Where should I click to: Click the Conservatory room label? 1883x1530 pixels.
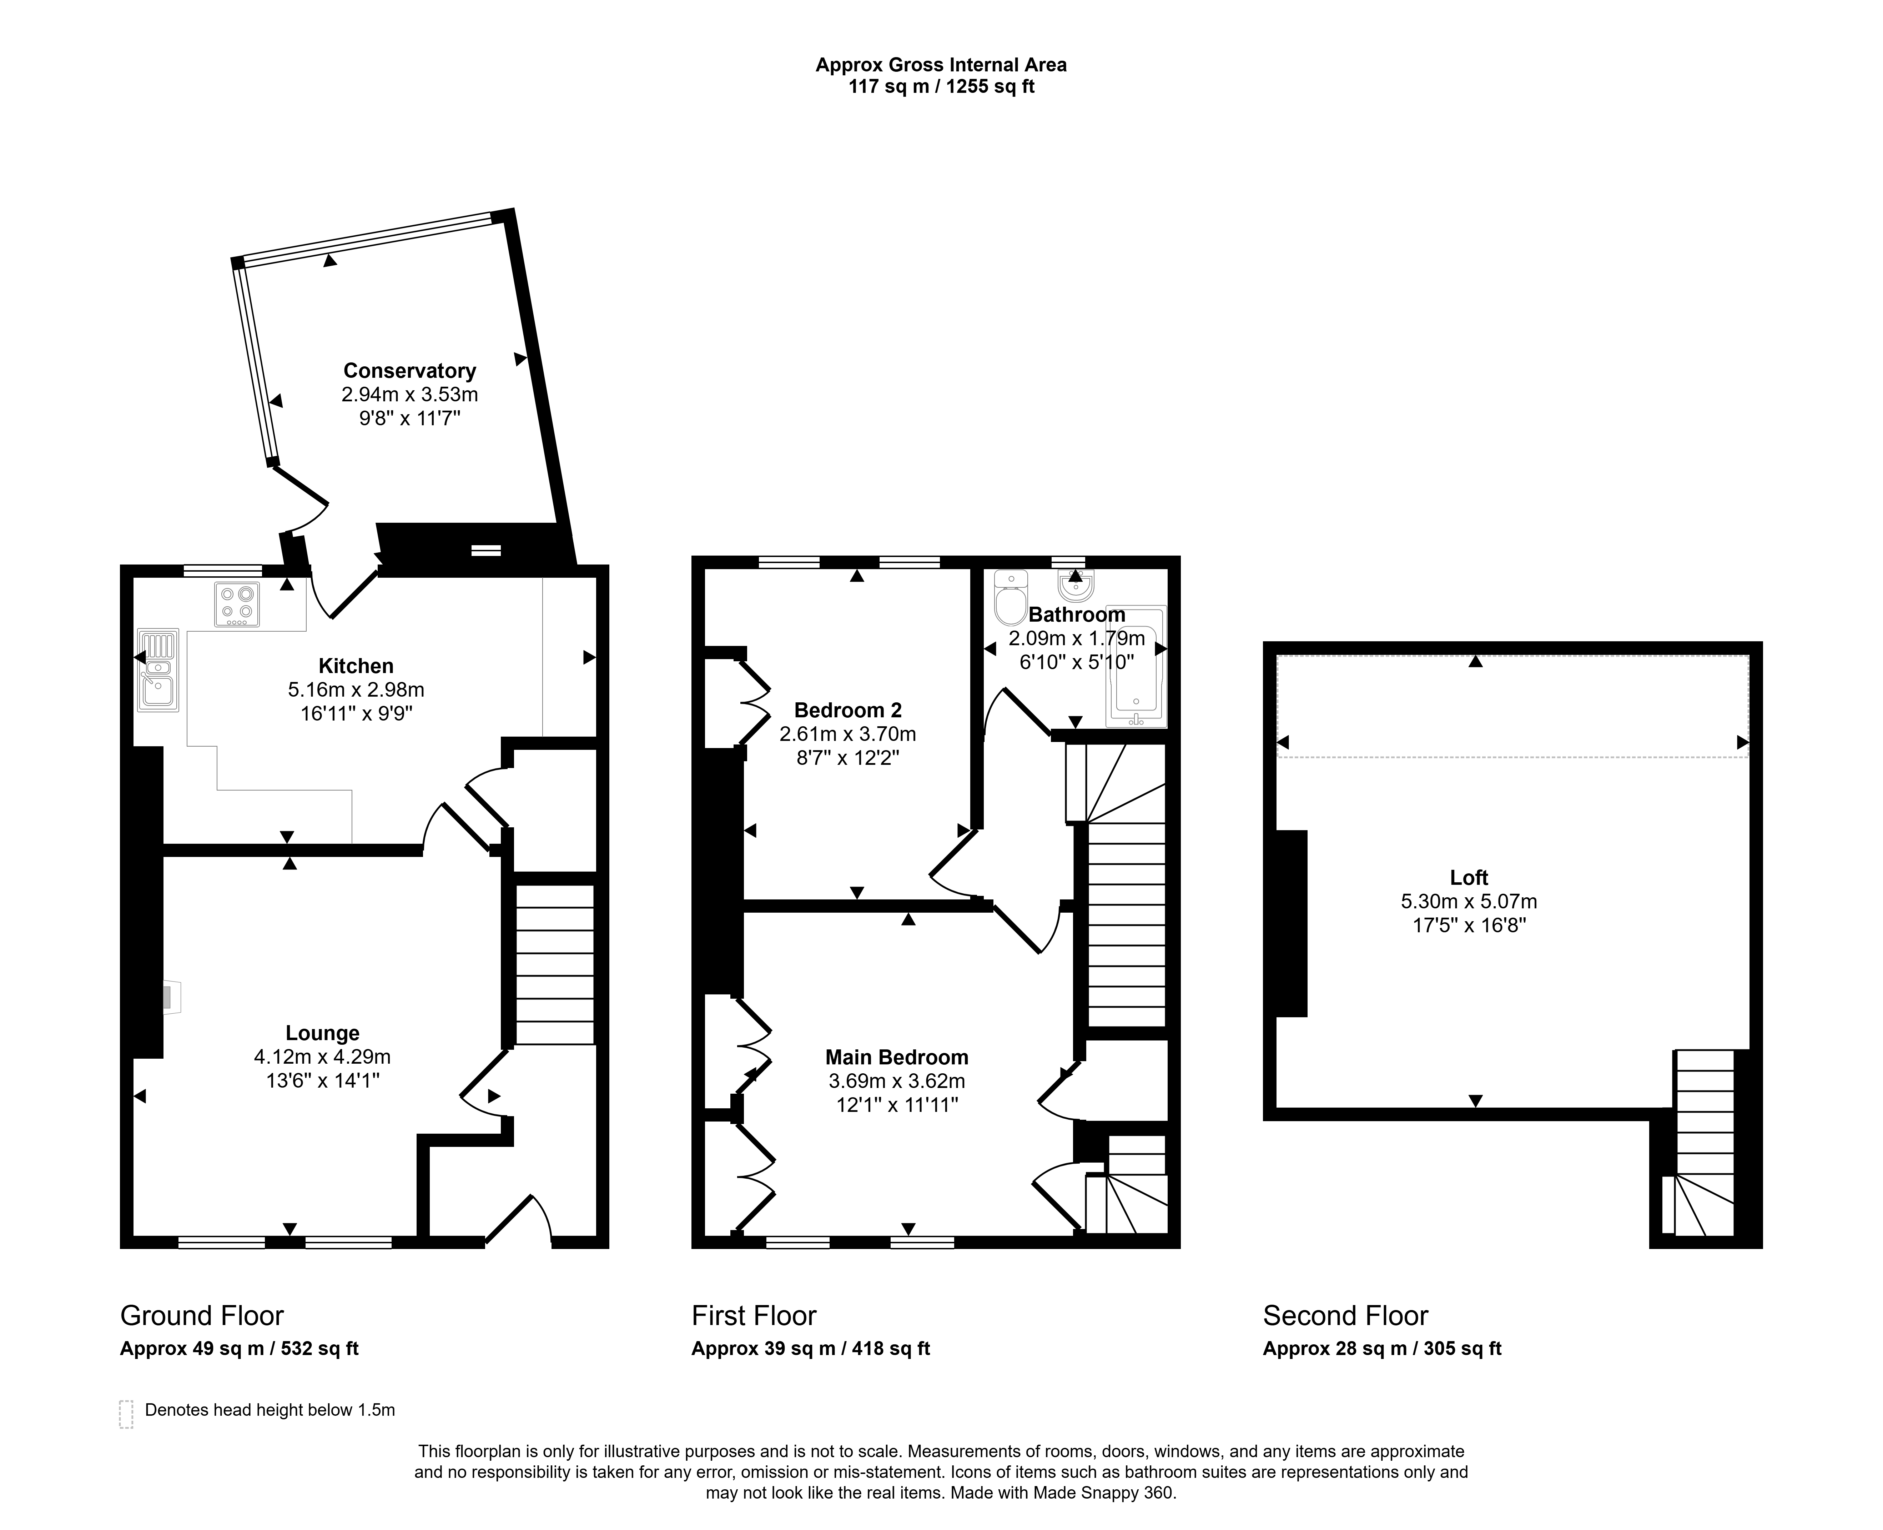point(410,371)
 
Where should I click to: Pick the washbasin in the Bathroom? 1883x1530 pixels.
point(1076,584)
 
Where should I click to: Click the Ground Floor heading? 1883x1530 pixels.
point(202,1316)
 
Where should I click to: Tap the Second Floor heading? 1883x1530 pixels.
point(1345,1316)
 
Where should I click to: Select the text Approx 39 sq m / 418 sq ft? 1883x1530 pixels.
point(811,1349)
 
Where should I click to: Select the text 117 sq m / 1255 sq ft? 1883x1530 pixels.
point(941,87)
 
